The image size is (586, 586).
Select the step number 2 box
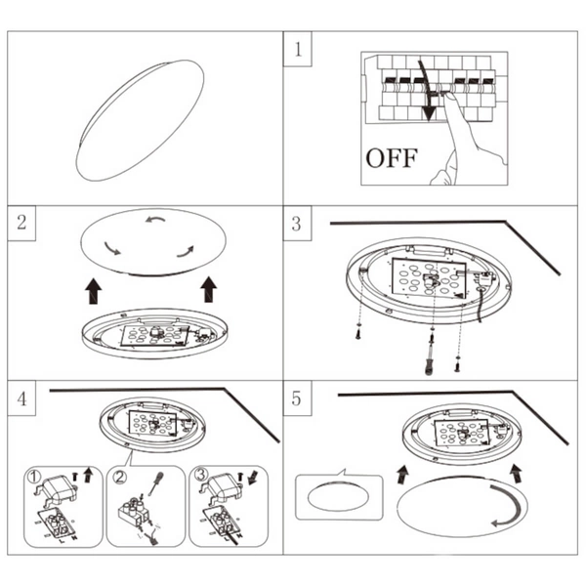tap(21, 224)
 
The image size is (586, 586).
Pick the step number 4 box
tap(22, 398)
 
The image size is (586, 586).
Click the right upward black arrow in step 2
tap(208, 289)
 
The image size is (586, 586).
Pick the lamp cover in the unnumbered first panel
tap(141, 119)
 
